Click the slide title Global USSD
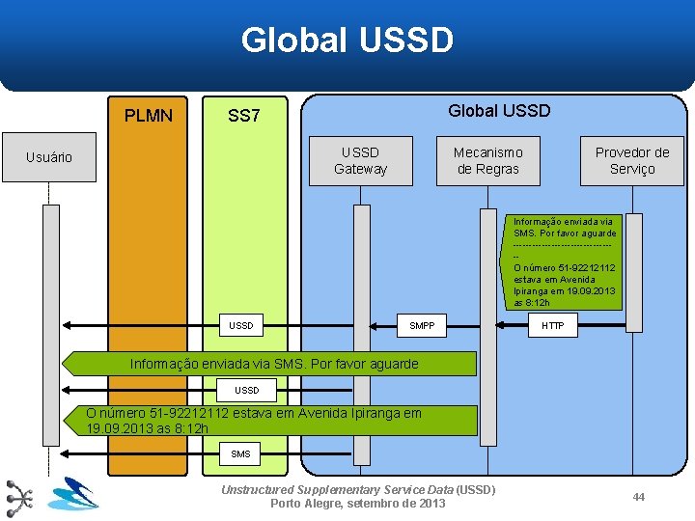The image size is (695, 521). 347,41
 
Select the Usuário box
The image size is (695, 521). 49,157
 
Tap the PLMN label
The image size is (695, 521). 149,116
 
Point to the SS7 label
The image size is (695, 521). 243,116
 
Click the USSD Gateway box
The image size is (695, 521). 360,160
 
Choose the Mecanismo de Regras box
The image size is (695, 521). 487,160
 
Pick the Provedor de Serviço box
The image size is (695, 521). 632,160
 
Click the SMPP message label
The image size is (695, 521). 422,326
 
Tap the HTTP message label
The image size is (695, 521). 553,326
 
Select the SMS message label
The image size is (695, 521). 240,453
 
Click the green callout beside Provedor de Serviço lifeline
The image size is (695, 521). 565,261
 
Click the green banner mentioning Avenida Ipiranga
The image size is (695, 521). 270,421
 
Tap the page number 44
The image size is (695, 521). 638,496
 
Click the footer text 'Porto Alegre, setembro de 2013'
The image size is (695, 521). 358,504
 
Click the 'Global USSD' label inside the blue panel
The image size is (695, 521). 499,110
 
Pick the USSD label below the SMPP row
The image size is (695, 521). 247,391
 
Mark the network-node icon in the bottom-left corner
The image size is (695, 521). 19,496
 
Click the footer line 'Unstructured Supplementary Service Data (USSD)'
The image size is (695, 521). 358,489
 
